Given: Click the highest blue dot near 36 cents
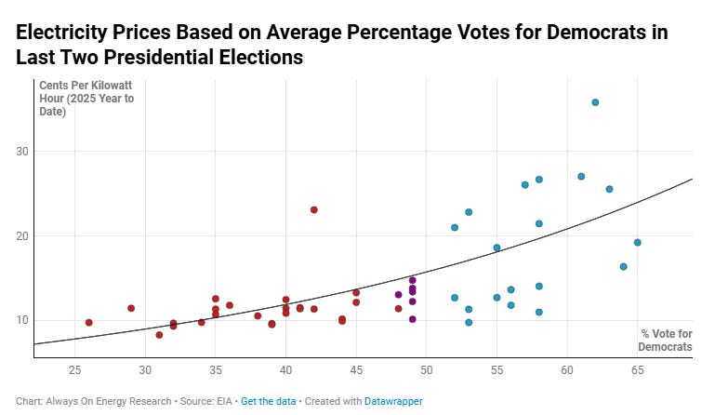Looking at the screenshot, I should [595, 102].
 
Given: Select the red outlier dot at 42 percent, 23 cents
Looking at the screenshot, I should [314, 210].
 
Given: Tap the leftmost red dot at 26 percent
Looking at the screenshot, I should [89, 323].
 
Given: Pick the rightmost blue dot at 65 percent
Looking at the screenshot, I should [638, 243].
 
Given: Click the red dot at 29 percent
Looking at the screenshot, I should [131, 308].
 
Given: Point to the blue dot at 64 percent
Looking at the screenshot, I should [623, 267].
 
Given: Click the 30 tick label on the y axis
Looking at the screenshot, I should [21, 152].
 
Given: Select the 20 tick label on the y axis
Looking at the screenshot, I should [21, 236].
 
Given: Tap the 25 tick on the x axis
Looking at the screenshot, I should [75, 369].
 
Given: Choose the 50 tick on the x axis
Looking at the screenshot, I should [427, 369].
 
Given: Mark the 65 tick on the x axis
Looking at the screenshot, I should [638, 369].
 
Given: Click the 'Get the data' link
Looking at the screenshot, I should [265, 401].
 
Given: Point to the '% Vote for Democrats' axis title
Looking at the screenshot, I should [666, 341].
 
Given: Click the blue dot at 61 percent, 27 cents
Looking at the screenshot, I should [581, 177].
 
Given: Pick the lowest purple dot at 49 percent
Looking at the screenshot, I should [413, 319].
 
